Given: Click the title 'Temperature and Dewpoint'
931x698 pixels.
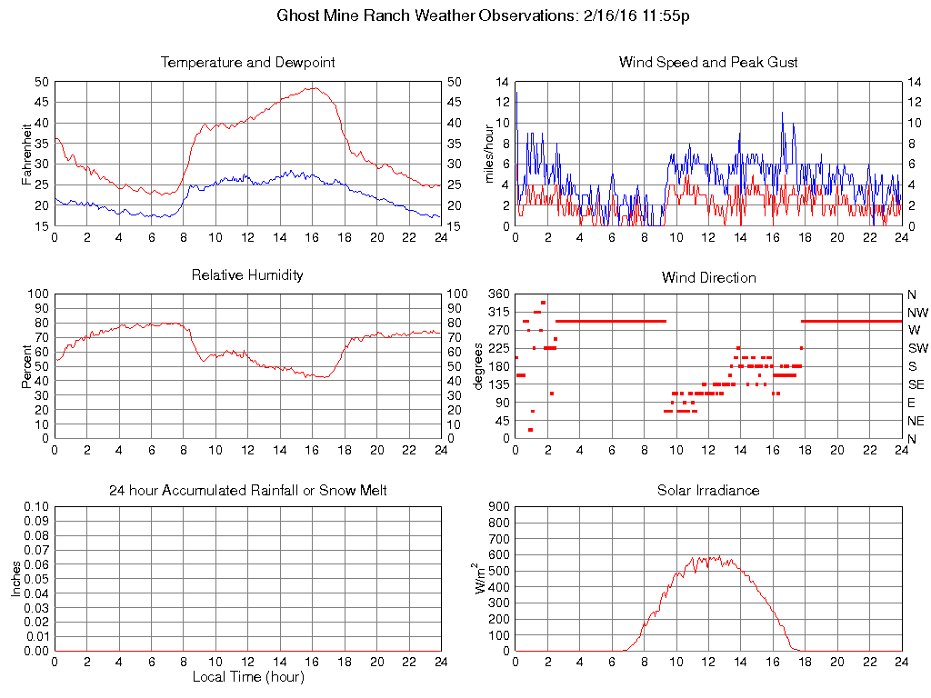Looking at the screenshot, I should click(x=247, y=63).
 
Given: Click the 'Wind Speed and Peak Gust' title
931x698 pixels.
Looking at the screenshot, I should click(x=708, y=63).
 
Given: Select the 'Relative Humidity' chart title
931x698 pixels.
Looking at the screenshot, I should click(x=247, y=274).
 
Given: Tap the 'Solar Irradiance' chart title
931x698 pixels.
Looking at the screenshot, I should click(x=708, y=491).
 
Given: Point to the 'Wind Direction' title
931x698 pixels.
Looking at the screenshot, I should click(x=708, y=277).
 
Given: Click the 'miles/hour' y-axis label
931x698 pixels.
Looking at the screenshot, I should click(x=487, y=153).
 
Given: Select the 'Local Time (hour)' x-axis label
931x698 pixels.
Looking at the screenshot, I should click(x=247, y=677).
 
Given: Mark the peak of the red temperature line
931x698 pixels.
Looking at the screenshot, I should click(x=313, y=88).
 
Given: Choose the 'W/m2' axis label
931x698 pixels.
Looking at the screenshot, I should click(x=482, y=578).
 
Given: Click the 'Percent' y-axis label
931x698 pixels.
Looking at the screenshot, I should click(x=26, y=365).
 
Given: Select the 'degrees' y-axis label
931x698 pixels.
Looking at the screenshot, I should click(x=479, y=365).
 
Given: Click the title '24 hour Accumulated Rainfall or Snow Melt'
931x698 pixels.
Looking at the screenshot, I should click(x=247, y=491).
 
